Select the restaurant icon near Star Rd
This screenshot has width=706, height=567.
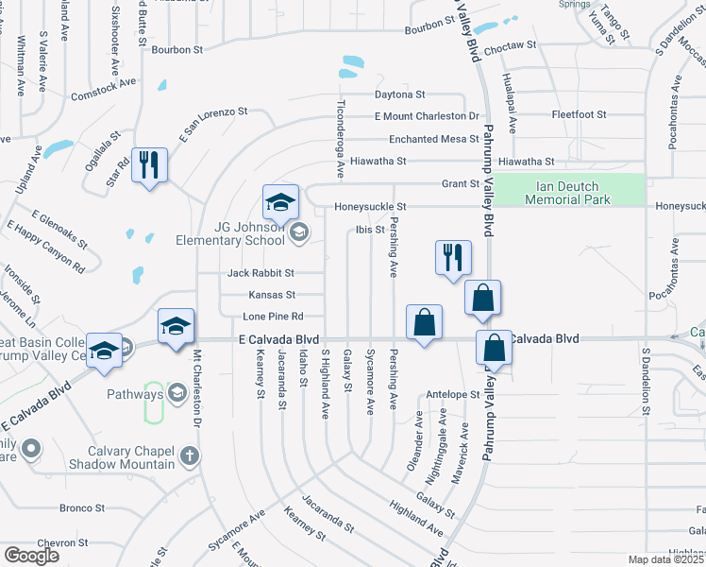tap(150, 165)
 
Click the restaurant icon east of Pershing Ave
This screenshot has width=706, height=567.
tap(452, 257)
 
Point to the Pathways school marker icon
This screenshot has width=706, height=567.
tap(176, 393)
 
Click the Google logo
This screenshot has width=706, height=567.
tap(31, 556)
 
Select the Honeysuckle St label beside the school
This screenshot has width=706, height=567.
tap(369, 206)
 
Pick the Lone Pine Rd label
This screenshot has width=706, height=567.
tap(273, 316)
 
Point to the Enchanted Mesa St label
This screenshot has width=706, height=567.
tap(428, 139)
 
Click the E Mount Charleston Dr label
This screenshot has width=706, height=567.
tap(427, 116)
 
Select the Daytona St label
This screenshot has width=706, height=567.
tap(400, 94)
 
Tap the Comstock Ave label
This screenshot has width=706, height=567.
tap(104, 82)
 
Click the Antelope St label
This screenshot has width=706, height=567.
tap(453, 394)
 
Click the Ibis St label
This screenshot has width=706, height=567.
tap(370, 229)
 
